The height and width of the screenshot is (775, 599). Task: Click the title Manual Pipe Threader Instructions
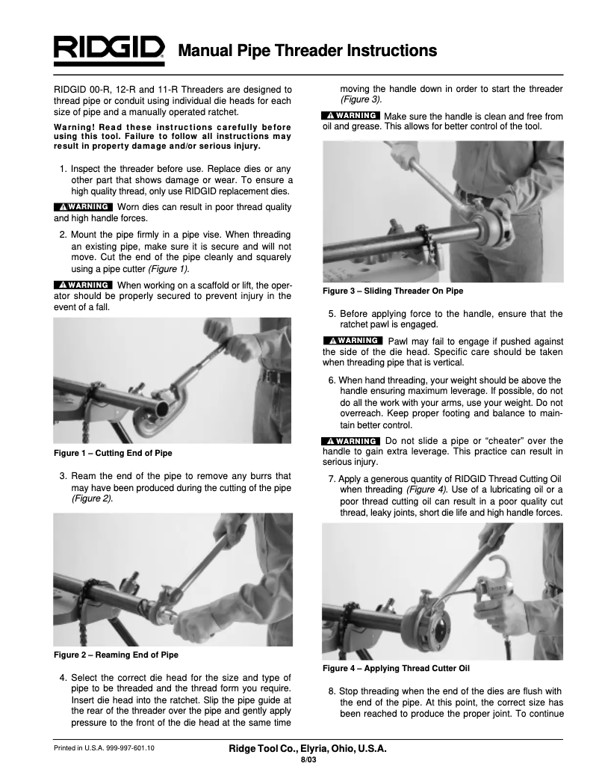point(307,51)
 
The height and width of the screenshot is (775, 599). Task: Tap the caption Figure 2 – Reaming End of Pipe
point(116,655)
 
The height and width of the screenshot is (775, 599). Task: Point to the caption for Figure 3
point(387,291)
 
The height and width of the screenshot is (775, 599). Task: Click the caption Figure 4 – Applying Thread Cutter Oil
point(396,667)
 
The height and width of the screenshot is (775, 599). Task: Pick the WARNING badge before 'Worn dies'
point(83,206)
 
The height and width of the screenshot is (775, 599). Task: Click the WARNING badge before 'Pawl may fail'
point(351,342)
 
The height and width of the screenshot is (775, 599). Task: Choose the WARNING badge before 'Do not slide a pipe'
point(350,441)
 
